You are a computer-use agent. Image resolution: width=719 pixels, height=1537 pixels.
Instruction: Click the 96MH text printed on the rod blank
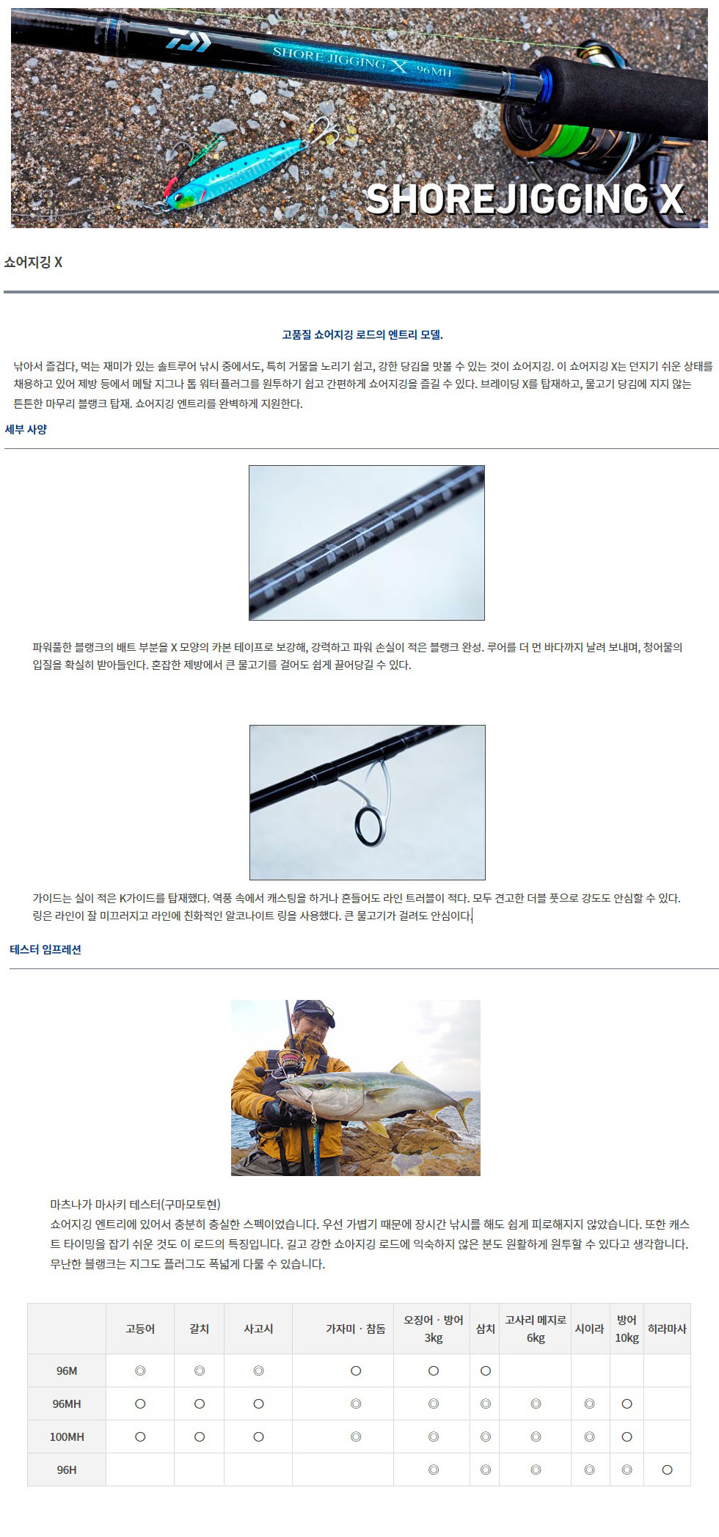(434, 70)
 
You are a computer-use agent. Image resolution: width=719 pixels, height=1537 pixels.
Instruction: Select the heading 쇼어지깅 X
(33, 263)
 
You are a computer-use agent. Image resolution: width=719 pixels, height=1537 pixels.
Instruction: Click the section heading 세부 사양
(26, 429)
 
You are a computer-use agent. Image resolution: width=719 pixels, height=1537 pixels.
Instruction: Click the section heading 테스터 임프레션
(45, 949)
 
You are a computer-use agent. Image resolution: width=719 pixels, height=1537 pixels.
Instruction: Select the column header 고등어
(140, 1329)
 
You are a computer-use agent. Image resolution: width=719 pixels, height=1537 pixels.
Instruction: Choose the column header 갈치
(199, 1329)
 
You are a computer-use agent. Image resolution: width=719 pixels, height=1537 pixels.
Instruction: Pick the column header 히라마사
(667, 1329)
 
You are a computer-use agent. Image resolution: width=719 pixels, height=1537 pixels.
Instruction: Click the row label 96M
(67, 1370)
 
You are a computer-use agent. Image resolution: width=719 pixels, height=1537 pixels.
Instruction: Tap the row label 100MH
(67, 1436)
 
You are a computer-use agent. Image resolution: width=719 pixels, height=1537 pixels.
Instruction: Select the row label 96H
(67, 1470)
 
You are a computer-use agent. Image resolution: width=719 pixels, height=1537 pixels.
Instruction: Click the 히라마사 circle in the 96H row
(667, 1470)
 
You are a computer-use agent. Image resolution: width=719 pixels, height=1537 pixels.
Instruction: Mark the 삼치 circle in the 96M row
(485, 1370)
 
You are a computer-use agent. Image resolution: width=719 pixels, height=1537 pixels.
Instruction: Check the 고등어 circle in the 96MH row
(140, 1403)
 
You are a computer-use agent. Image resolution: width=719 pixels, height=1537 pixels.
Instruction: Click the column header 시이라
(589, 1329)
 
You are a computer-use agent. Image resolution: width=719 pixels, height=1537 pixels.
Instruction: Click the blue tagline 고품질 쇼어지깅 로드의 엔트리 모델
(362, 335)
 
